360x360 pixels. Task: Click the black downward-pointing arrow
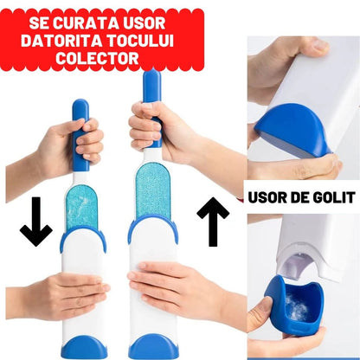coord(35,220)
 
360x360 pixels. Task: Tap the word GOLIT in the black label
coord(330,197)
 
